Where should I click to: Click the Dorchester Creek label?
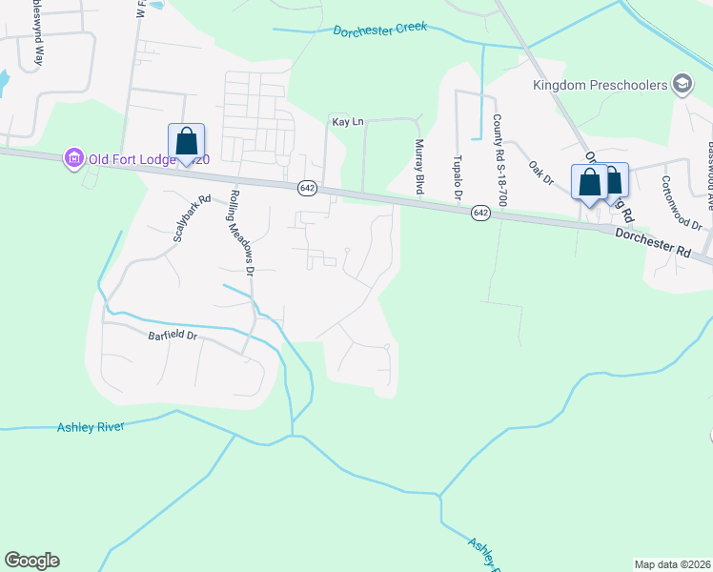(378, 31)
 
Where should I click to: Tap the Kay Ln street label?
(348, 122)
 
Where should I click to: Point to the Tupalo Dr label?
(458, 177)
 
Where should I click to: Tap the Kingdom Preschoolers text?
(601, 85)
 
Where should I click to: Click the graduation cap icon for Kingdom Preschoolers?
(682, 85)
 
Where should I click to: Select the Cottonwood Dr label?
(680, 202)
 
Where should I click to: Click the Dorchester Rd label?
(653, 242)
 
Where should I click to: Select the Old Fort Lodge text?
(130, 159)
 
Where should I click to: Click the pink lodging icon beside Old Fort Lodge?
(73, 158)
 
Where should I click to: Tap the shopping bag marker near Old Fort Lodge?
(187, 143)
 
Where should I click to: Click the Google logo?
(31, 561)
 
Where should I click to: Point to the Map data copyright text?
(671, 564)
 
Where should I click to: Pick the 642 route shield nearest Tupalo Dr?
(479, 214)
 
